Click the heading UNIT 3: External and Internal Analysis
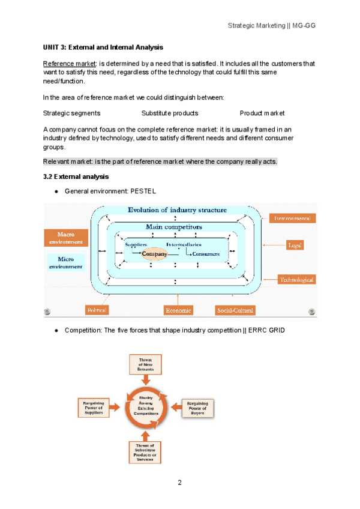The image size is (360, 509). click(x=103, y=47)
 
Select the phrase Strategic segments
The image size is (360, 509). click(x=72, y=113)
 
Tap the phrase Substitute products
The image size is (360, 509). click(x=170, y=113)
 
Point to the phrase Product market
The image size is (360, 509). click(x=262, y=113)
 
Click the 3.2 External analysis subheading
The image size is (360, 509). click(x=76, y=176)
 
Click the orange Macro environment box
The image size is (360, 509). click(x=65, y=238)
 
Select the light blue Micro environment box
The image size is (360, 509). click(x=65, y=262)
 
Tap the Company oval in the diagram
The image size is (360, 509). click(x=155, y=254)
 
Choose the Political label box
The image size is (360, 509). click(x=97, y=310)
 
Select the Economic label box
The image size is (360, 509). click(x=178, y=310)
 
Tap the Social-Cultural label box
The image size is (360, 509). click(x=235, y=310)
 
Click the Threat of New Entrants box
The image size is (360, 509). click(x=146, y=364)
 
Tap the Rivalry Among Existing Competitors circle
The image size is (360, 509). click(x=146, y=407)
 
